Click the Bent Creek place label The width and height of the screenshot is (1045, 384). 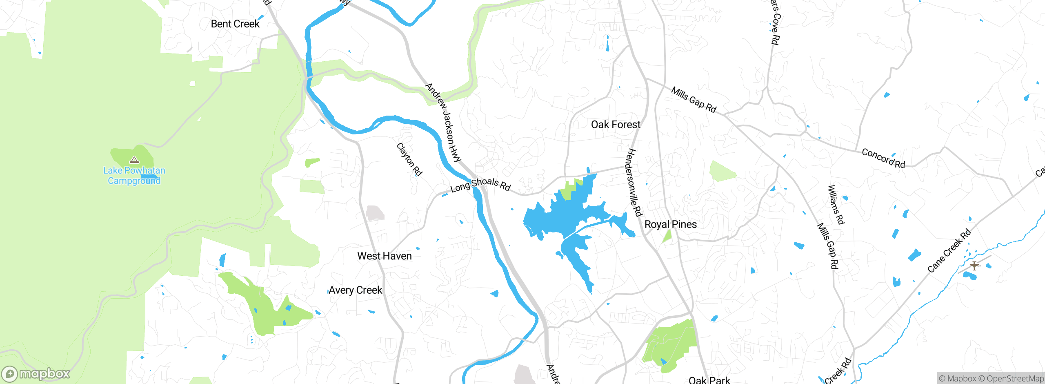coord(235,24)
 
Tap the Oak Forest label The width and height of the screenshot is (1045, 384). coord(616,125)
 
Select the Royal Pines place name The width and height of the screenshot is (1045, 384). coord(670,224)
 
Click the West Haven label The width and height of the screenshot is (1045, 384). coord(384,256)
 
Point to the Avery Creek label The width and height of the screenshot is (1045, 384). coord(355,290)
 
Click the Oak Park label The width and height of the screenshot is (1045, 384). coord(709,380)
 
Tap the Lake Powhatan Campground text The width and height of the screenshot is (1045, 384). coord(134,176)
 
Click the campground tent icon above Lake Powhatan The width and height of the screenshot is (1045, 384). coord(134,160)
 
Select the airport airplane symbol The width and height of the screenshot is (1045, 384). coord(974,266)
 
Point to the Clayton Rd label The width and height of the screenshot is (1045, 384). coord(409,159)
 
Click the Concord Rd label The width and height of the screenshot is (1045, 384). coord(883,158)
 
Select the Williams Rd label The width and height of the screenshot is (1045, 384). coord(836,205)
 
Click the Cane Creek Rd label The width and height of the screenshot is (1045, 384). coord(949,251)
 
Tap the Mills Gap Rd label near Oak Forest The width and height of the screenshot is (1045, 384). coord(694,100)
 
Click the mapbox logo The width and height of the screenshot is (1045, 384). coord(36,373)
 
